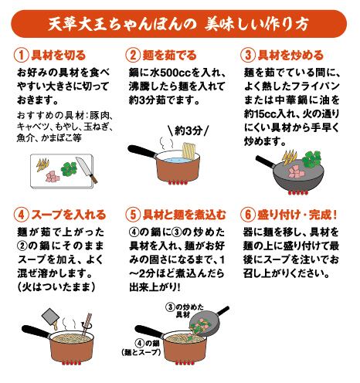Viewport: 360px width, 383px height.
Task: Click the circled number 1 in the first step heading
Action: tap(21, 56)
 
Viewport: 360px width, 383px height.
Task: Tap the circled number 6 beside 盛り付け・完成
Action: tap(248, 215)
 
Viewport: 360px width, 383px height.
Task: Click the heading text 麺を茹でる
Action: tap(169, 56)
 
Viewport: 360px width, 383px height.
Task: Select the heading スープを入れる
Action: tap(69, 215)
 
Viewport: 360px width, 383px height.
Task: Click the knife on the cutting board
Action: tap(87, 170)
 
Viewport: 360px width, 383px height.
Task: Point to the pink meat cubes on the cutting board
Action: tap(53, 177)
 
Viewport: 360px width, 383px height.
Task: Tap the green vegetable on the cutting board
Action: tap(69, 168)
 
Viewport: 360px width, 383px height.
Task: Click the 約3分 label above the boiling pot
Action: tap(188, 130)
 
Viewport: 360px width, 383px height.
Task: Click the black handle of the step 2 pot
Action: tap(142, 151)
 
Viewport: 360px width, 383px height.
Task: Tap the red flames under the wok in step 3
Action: tap(298, 193)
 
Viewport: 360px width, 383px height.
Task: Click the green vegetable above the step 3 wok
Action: tap(311, 159)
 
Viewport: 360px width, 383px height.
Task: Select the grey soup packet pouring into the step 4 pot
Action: tap(51, 317)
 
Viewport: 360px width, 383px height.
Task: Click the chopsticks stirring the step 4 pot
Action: tap(87, 325)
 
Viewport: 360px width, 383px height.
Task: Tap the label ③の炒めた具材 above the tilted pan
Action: tap(185, 310)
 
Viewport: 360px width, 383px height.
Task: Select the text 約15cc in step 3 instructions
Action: tap(260, 114)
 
